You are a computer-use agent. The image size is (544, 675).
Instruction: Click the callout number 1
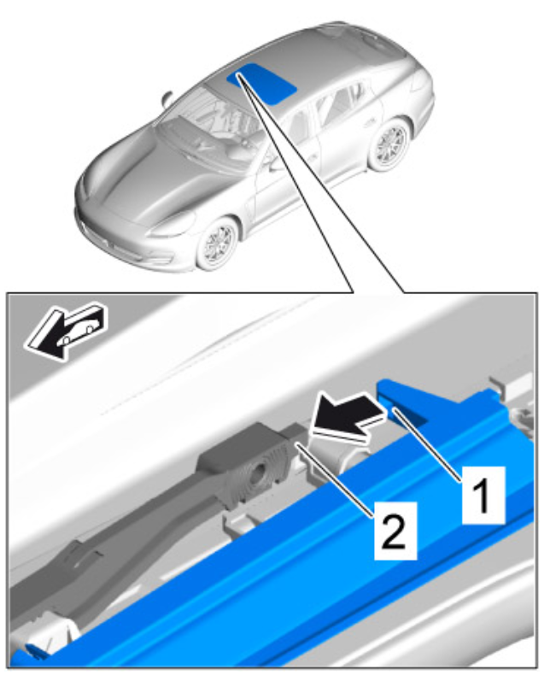(483, 496)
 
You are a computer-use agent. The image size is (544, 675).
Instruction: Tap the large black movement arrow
(348, 417)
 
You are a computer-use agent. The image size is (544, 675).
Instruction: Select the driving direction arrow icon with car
(65, 331)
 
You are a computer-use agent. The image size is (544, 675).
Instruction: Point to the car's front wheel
(218, 244)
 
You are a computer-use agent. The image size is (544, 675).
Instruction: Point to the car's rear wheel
(389, 145)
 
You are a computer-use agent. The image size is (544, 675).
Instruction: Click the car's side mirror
(167, 98)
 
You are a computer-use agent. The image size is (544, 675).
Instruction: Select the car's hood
(142, 181)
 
